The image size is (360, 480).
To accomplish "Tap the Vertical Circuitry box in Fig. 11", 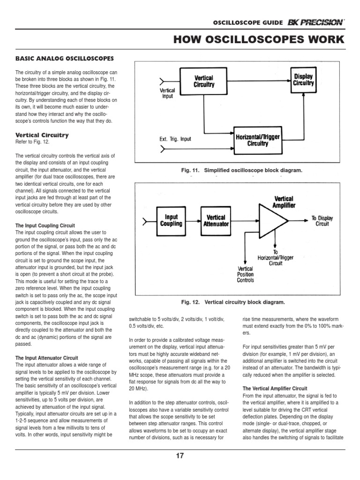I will point(204,82).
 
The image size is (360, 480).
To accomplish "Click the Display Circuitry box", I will point(303,80).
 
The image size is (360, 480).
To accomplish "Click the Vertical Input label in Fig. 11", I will point(167,92).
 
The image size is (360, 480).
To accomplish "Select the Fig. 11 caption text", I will point(241,171).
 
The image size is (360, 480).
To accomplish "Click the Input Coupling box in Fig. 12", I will point(171,220).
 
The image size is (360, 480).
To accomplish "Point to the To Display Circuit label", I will point(322,221).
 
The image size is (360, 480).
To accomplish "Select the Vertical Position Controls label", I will point(246,275).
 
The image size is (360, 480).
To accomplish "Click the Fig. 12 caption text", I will point(233,302).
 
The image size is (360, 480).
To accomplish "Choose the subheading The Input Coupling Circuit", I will point(45,225).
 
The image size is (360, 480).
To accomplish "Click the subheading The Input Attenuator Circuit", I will point(47,358).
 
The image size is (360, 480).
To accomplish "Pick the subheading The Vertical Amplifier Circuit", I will point(275,389).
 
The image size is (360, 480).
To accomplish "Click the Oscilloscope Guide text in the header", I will point(248,22).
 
